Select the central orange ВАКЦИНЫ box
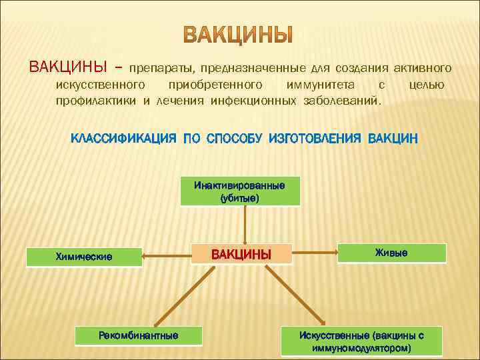(x=242, y=254)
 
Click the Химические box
(x=84, y=256)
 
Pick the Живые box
(x=391, y=253)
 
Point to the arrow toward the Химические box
(x=167, y=254)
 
